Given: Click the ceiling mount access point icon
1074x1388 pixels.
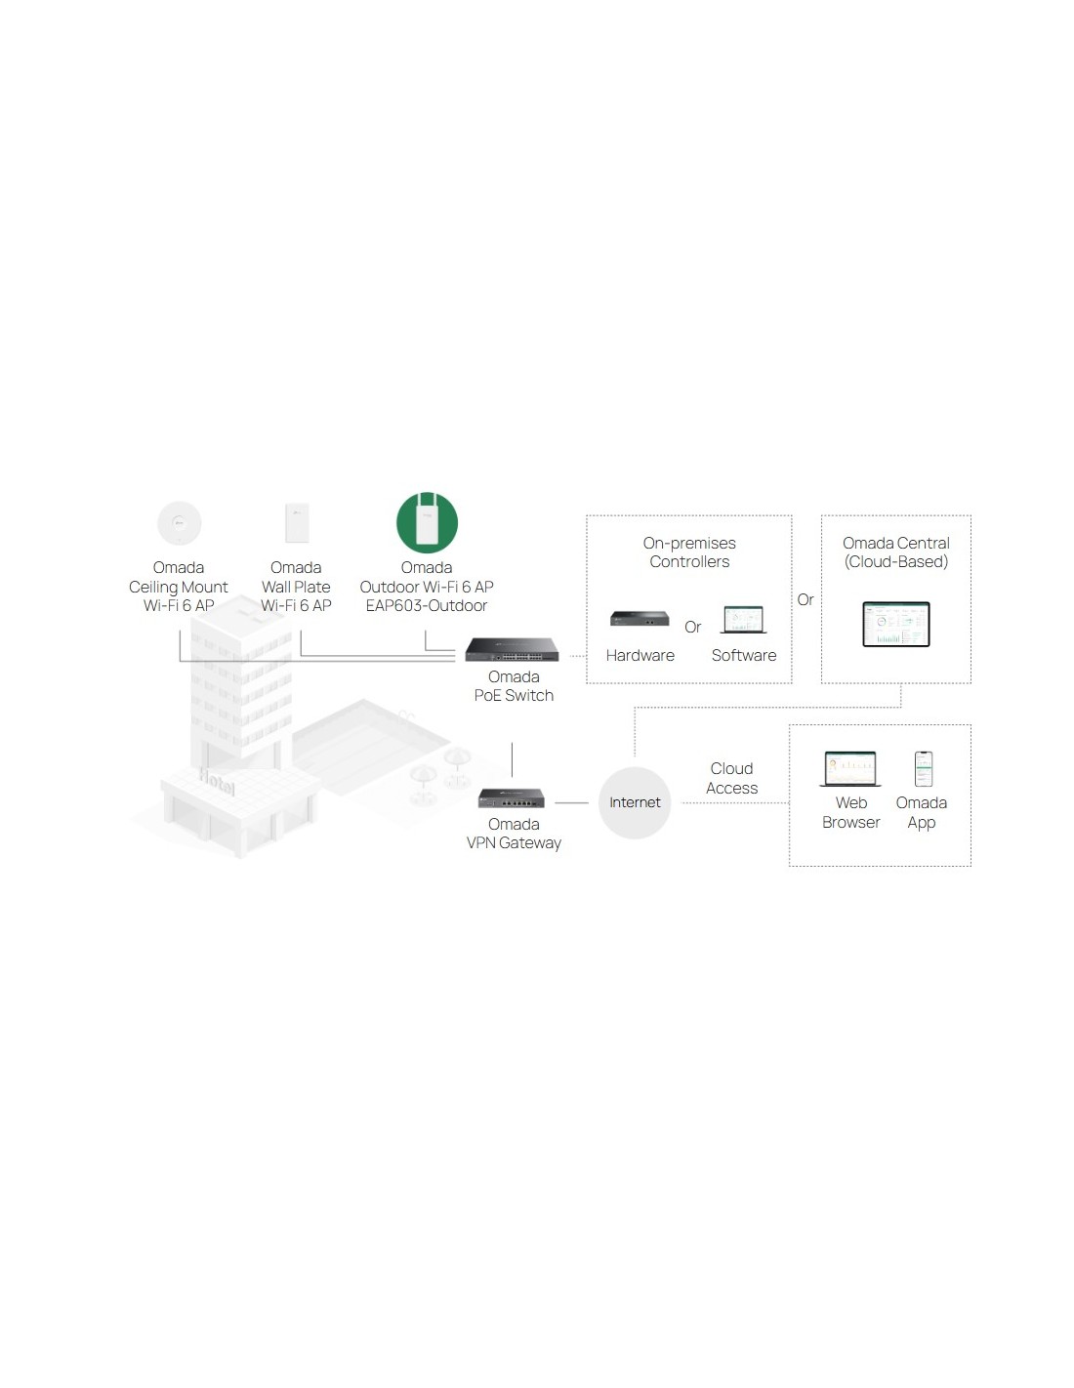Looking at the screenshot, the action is tap(179, 523).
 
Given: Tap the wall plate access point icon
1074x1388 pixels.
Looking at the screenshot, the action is tap(297, 523).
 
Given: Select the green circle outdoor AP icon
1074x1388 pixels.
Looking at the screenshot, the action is tap(427, 522).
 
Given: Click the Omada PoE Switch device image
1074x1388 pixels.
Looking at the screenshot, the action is tap(512, 650).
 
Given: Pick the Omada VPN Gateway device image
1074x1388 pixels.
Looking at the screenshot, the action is tap(511, 798).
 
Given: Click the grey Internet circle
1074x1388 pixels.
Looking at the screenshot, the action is tap(635, 803).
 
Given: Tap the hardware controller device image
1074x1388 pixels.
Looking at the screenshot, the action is tap(640, 618).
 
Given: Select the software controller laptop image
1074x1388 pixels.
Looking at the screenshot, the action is tap(743, 620).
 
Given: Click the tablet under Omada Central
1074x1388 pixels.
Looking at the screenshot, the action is tap(895, 624).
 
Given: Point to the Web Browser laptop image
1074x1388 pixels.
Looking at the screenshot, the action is tap(850, 769).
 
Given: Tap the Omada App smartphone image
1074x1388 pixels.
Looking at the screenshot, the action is tap(924, 769).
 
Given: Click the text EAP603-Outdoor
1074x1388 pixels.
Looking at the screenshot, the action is tap(426, 605).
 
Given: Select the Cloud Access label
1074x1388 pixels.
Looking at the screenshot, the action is tap(731, 778).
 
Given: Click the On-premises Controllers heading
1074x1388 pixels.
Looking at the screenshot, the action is tap(689, 552).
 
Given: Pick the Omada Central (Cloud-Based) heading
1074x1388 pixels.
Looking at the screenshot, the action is tap(895, 552).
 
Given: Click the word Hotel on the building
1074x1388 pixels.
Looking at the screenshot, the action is tap(217, 782).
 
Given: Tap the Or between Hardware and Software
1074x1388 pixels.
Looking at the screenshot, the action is tap(692, 628).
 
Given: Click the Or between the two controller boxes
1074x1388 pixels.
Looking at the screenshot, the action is tap(805, 599).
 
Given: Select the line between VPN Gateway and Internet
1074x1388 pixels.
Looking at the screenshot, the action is tap(572, 803).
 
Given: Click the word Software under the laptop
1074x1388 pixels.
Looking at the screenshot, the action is tap(744, 655).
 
